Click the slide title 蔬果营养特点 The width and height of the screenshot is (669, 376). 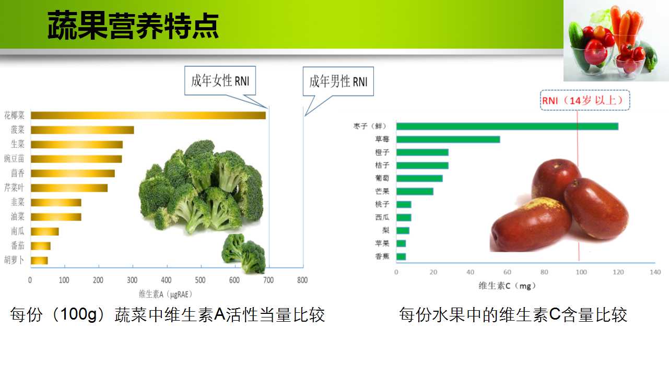[133, 26]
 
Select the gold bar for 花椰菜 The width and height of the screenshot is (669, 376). [148, 115]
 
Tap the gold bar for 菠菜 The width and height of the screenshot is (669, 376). [83, 130]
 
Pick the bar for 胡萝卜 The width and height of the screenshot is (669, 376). [39, 261]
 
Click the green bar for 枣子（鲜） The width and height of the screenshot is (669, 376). [508, 126]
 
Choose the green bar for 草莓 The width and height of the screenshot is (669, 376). [448, 139]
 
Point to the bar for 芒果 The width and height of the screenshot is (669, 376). [415, 192]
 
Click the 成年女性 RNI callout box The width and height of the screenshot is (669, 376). [220, 80]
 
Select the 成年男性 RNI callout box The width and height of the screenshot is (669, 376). [338, 81]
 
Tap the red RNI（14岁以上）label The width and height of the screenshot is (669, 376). [585, 100]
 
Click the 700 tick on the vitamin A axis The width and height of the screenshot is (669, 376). [268, 280]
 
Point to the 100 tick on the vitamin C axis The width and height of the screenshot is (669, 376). [581, 272]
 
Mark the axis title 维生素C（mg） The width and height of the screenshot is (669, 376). [507, 286]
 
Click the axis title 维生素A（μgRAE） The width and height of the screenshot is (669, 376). [166, 295]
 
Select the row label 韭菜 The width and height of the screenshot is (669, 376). [18, 202]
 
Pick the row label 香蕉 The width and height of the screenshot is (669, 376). [382, 256]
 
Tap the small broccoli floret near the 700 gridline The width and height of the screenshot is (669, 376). [244, 253]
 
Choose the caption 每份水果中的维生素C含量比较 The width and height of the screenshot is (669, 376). [513, 314]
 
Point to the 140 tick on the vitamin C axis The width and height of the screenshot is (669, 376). [655, 272]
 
